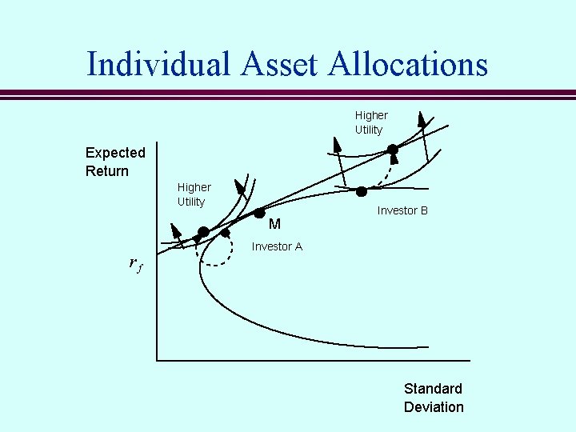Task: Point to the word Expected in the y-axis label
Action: tap(115, 153)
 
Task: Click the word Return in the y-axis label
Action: tap(107, 171)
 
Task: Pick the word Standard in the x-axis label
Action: tap(433, 389)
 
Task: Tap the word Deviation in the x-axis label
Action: tap(434, 407)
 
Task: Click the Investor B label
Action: tap(402, 210)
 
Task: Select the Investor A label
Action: tap(277, 246)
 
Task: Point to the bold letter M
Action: tap(274, 225)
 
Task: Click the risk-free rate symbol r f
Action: tap(135, 262)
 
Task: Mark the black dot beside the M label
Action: tap(259, 213)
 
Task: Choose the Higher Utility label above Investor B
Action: tap(370, 122)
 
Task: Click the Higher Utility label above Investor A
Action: tap(194, 194)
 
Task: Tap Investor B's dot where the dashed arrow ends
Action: tap(393, 150)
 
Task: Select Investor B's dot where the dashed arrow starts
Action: tap(362, 191)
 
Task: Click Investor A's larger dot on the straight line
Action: tap(203, 232)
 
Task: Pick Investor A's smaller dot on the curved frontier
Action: tap(225, 233)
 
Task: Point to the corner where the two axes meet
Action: tap(157, 360)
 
